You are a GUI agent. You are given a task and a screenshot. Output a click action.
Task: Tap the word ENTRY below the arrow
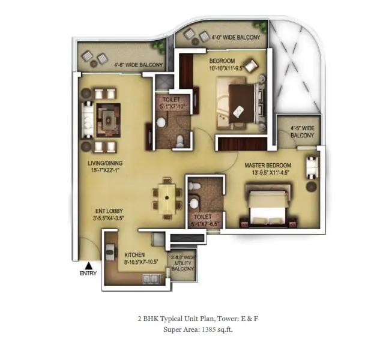(88, 274)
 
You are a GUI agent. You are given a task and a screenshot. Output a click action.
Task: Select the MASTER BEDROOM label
(267, 166)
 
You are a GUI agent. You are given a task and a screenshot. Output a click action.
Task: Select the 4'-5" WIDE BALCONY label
(303, 131)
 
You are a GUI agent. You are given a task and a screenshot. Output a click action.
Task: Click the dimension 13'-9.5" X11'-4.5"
(267, 173)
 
